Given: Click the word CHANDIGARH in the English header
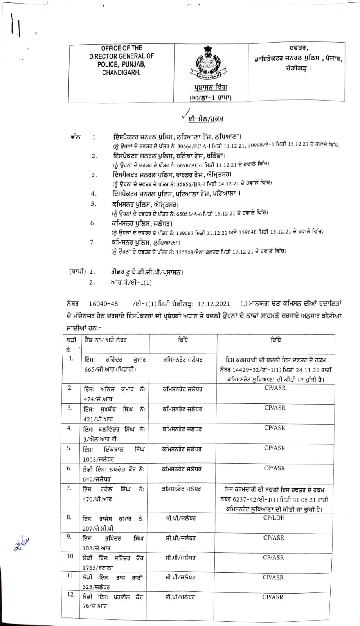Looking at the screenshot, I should click(121, 72).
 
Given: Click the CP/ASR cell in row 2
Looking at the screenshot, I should click(275, 388).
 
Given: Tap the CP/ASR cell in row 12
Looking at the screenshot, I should click(273, 597).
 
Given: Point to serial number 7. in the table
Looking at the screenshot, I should click(70, 488).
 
